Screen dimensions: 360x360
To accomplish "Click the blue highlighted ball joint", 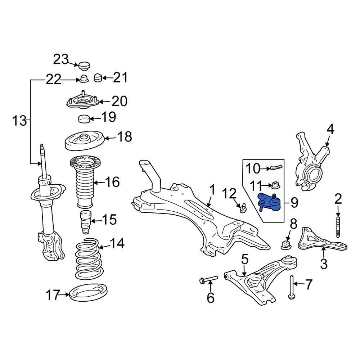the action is [x=269, y=202].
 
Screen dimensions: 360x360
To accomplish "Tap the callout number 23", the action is [x=61, y=59].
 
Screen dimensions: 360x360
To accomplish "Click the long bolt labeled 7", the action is [x=292, y=287].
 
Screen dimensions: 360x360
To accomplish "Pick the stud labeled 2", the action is [x=338, y=226].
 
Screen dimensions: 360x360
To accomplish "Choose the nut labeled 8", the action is [x=286, y=245].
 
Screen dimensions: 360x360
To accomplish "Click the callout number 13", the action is [x=19, y=121].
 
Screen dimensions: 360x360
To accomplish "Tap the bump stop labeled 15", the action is [x=85, y=222].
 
